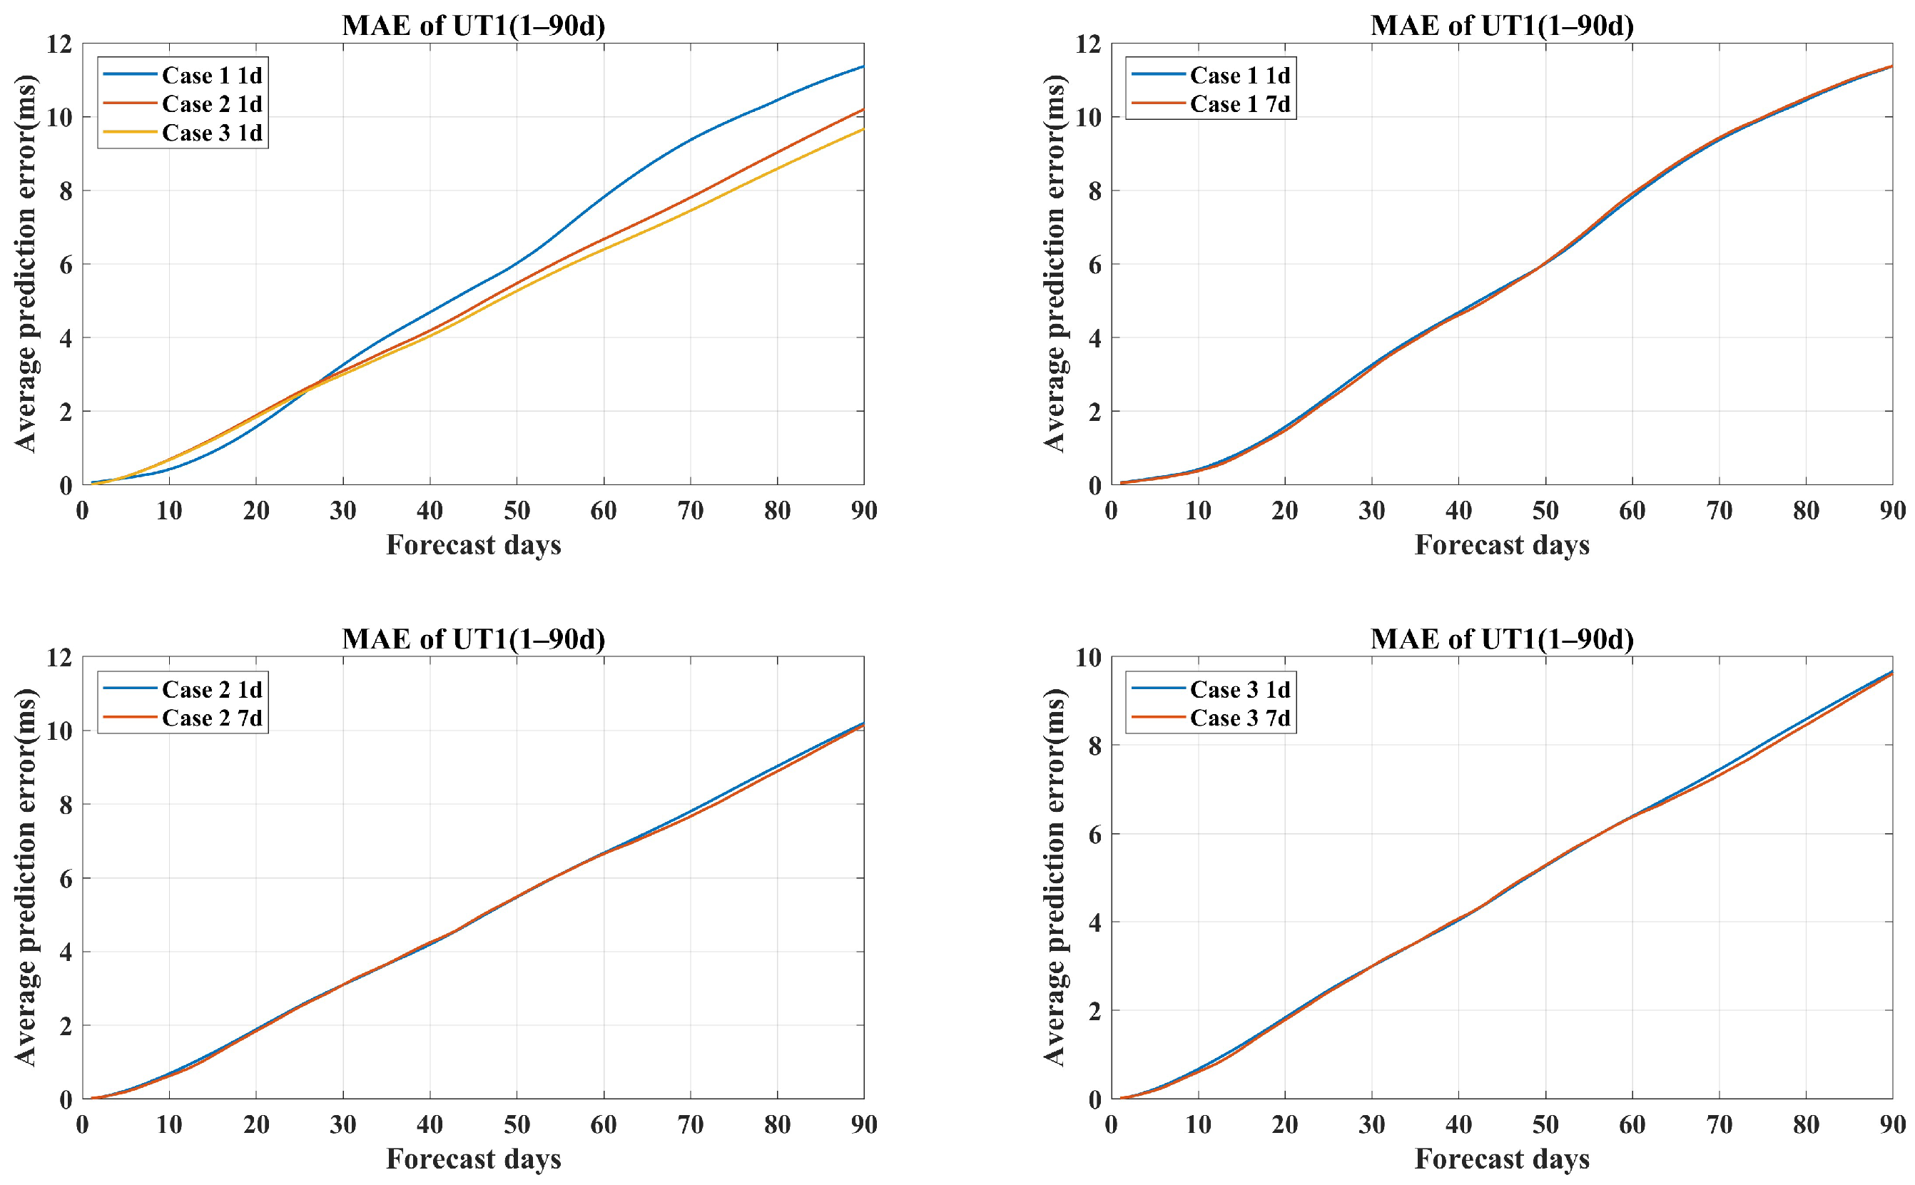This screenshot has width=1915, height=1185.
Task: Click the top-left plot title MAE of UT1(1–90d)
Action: (473, 25)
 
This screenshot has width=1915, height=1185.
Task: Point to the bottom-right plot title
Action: (1501, 639)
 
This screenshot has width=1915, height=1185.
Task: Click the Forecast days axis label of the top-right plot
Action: (1501, 544)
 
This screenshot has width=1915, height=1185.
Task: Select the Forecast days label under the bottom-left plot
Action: (473, 1159)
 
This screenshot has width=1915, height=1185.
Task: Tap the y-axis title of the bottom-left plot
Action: (25, 877)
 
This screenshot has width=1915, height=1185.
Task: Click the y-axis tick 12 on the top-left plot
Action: (59, 45)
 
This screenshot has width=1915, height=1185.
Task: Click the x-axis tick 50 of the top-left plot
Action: (517, 511)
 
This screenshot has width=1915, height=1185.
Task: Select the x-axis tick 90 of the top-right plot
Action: (1891, 511)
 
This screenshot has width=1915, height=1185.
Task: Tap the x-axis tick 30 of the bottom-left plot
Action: (342, 1124)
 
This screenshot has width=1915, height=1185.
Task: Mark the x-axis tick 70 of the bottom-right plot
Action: (1718, 1124)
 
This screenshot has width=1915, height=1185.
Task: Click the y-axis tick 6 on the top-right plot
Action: (1094, 265)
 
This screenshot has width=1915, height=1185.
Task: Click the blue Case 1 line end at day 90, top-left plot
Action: (863, 66)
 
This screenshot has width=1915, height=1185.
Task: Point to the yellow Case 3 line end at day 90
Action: (863, 129)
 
